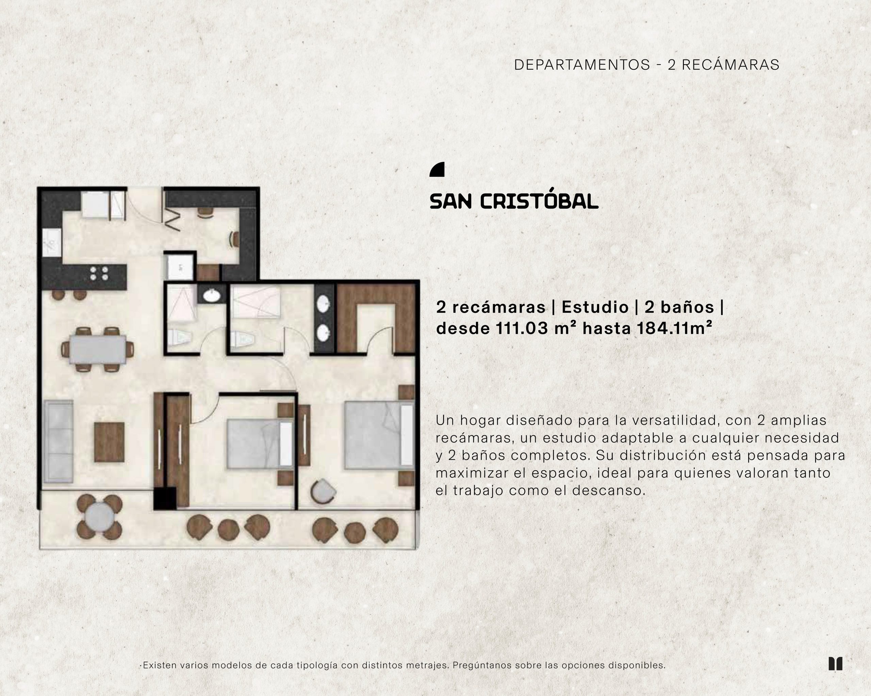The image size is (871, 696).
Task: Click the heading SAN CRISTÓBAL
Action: tap(514, 201)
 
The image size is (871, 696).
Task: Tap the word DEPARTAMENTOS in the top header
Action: tap(582, 65)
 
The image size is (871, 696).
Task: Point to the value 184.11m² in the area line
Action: tap(675, 328)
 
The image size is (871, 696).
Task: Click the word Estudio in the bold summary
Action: tap(595, 307)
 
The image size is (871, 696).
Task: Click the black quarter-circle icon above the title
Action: tap(437, 170)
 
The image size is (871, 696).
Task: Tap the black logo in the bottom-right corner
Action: tap(836, 664)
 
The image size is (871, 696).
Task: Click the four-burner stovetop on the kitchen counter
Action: tap(99, 273)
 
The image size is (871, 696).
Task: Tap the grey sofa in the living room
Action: tap(59, 441)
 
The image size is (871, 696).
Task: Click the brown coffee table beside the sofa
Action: tap(109, 442)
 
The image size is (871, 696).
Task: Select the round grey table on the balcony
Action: tap(99, 517)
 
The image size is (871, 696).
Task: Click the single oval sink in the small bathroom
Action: tap(211, 296)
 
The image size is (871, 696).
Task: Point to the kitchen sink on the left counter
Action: tap(52, 242)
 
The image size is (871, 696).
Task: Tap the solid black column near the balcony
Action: tap(165, 498)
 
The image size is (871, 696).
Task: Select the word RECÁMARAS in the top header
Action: tap(730, 65)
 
